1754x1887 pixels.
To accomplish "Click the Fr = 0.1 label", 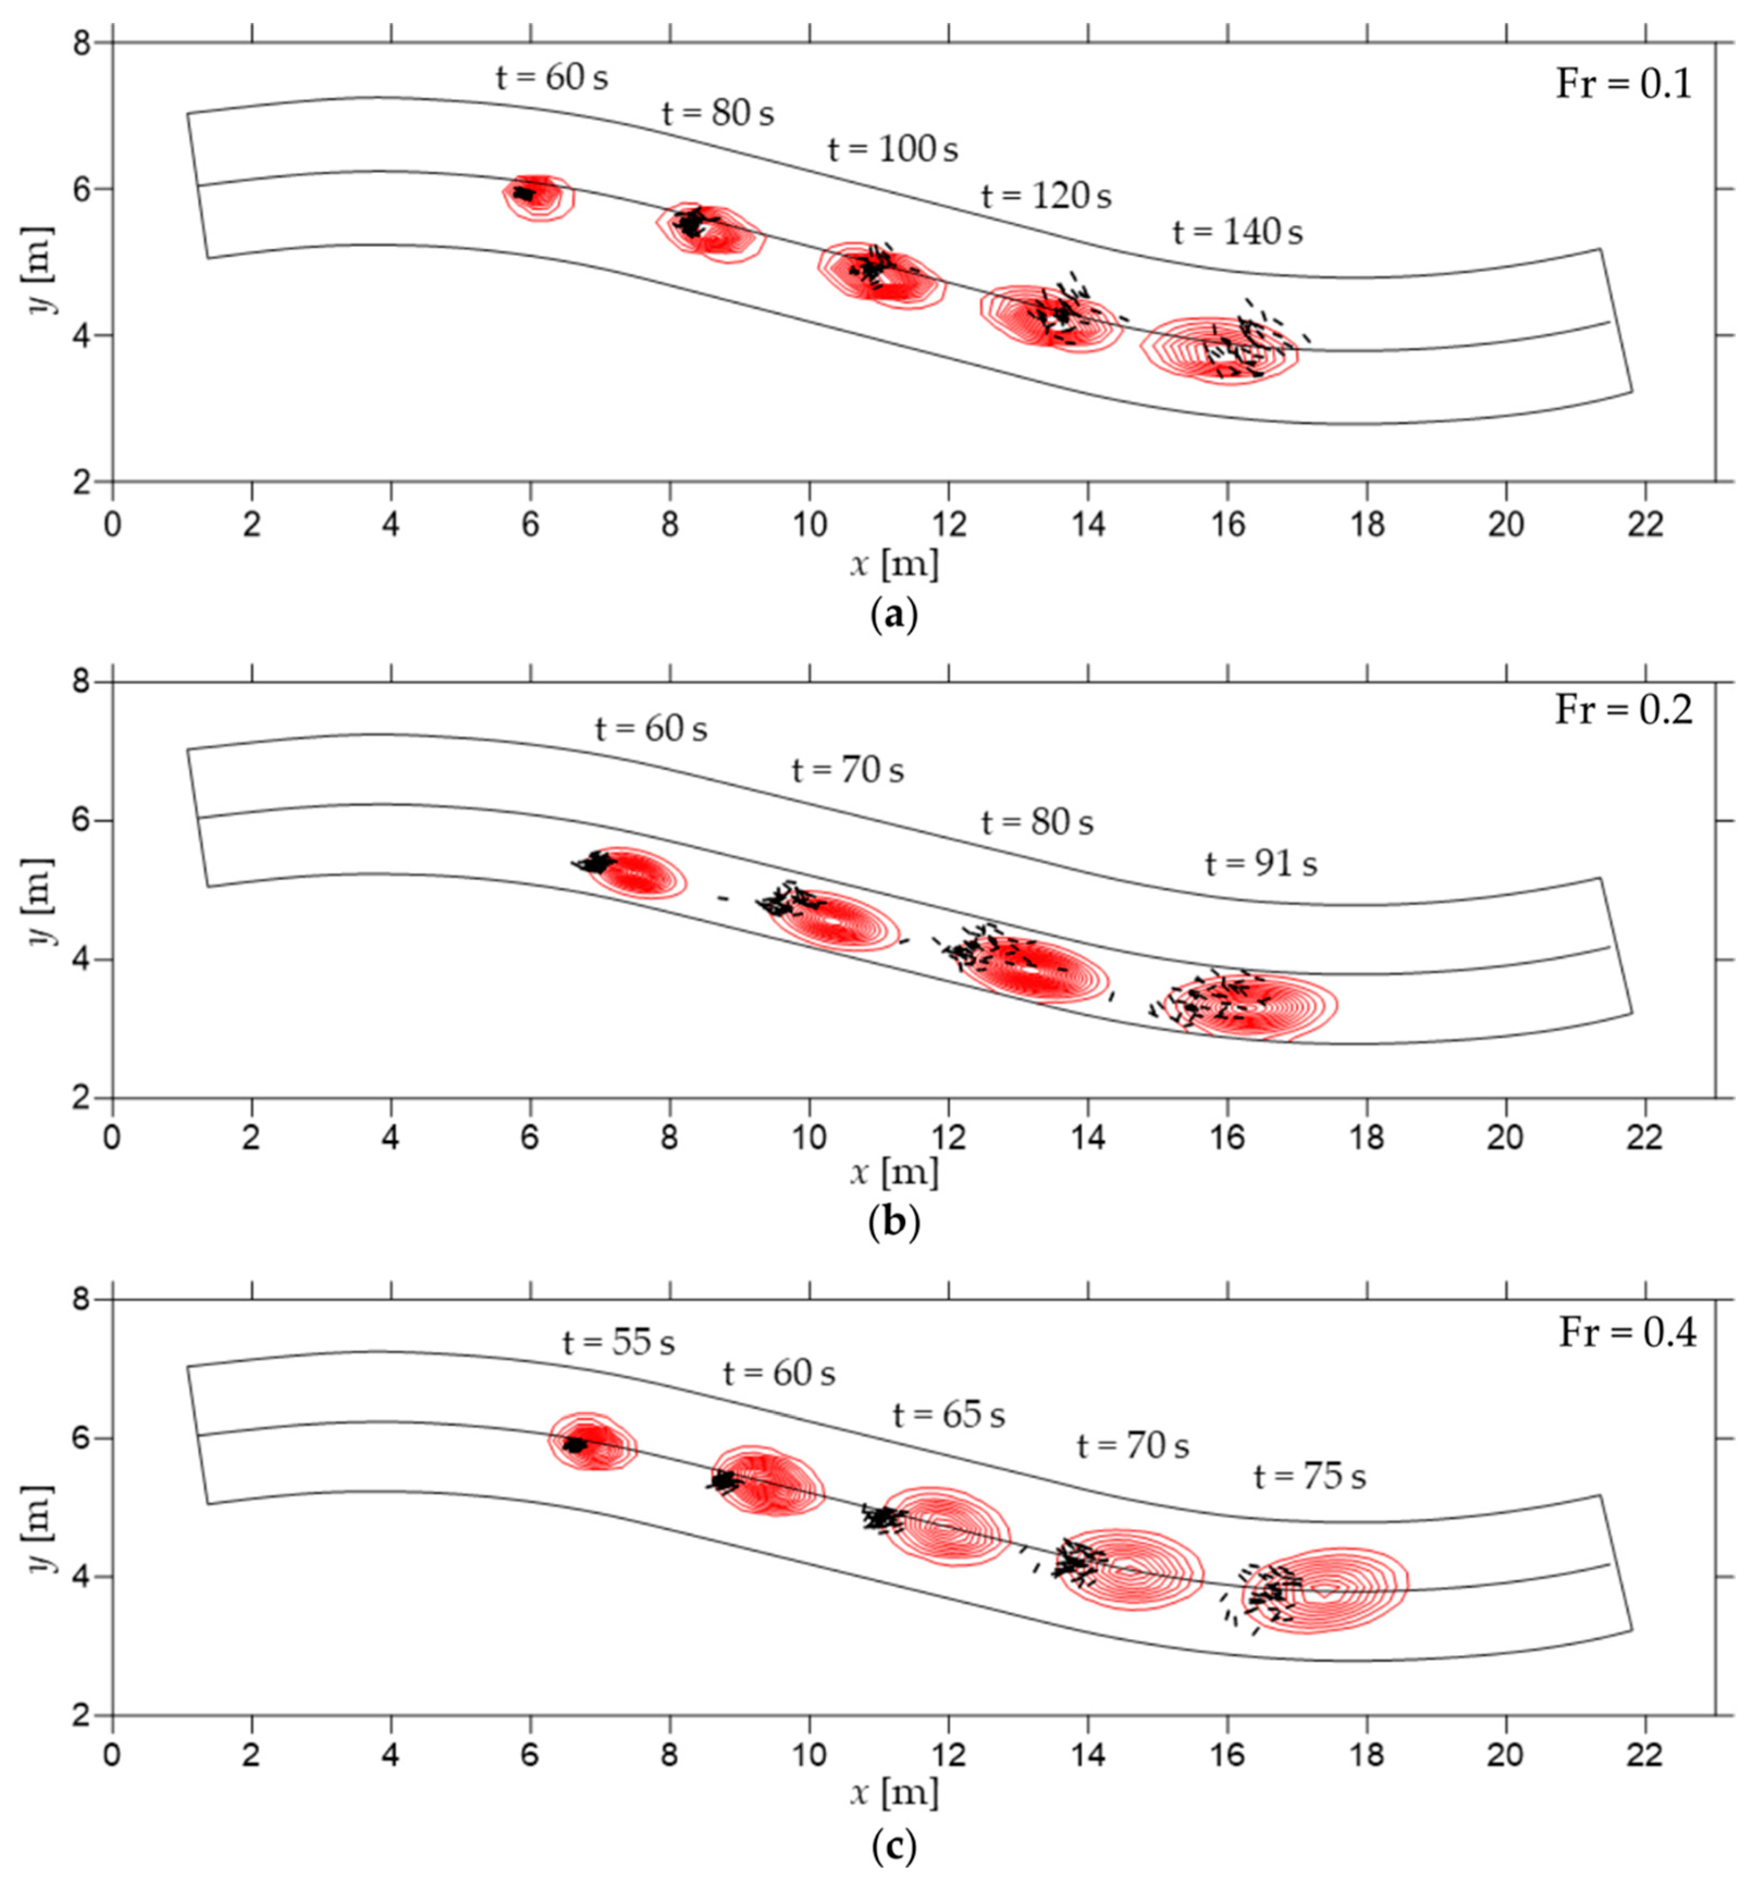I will point(1623,85).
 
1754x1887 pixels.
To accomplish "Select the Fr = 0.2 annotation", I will point(1623,710).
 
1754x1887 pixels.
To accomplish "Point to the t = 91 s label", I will point(1261,864).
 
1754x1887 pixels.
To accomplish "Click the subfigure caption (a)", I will point(893,615).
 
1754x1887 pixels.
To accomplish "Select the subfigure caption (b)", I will point(893,1223).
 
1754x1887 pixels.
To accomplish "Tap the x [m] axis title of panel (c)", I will point(893,1793).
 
